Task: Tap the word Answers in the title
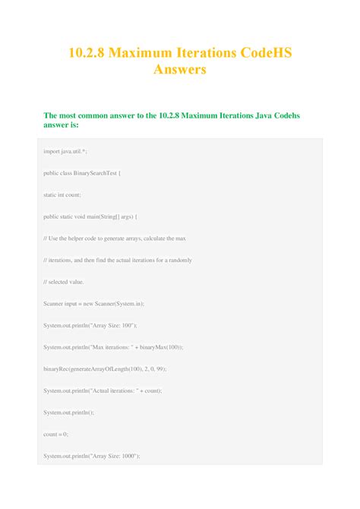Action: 180,71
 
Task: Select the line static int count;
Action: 64,194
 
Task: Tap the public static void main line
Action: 93,217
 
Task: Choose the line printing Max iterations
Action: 112,347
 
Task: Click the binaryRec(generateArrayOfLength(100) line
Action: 104,368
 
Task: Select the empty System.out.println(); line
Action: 68,413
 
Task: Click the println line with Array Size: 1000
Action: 96,456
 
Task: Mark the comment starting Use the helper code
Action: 114,238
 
